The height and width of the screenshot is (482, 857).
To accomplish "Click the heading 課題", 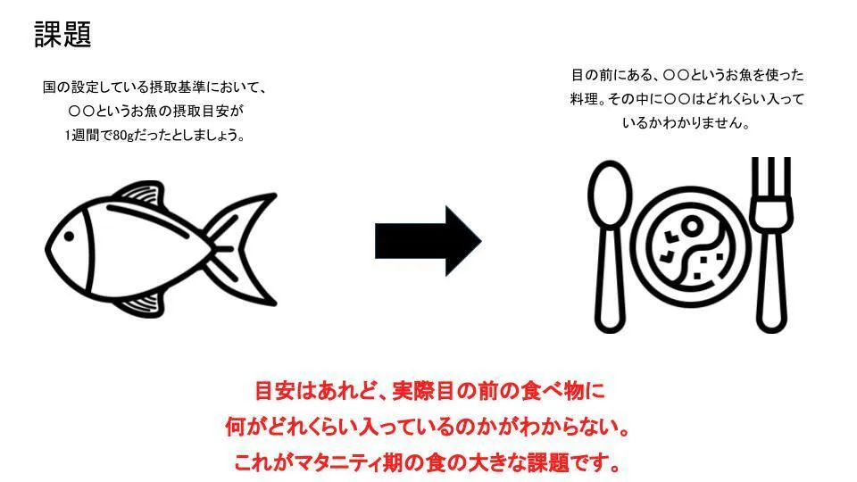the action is (x=62, y=35).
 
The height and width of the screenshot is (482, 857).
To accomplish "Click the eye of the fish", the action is (x=69, y=237).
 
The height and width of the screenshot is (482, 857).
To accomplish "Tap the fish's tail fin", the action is (x=242, y=249).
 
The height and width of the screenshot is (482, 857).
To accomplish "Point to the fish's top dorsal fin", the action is (x=139, y=194).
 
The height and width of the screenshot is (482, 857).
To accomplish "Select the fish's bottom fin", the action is (x=141, y=303).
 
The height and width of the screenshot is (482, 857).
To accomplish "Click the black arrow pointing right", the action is (x=428, y=241).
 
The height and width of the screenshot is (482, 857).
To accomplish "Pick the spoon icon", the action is (x=610, y=246).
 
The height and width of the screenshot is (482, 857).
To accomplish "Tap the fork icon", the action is (x=771, y=245).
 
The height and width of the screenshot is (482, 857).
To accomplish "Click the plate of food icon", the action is (x=691, y=246).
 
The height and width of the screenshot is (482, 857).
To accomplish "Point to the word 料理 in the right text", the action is (x=583, y=99).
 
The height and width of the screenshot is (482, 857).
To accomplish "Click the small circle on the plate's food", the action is (x=692, y=225).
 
